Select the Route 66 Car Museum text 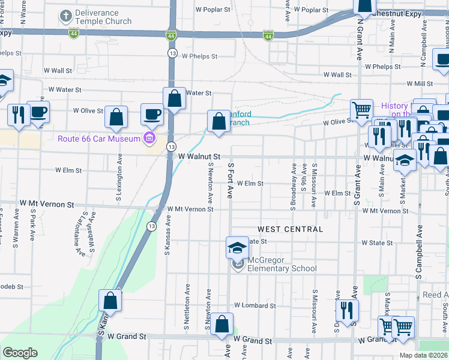[x=99, y=139]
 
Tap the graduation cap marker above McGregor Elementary [x=237, y=247]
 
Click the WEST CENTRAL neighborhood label [x=291, y=229]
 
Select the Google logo [x=20, y=352]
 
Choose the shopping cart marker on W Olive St [x=361, y=110]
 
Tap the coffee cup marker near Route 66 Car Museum [x=151, y=114]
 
